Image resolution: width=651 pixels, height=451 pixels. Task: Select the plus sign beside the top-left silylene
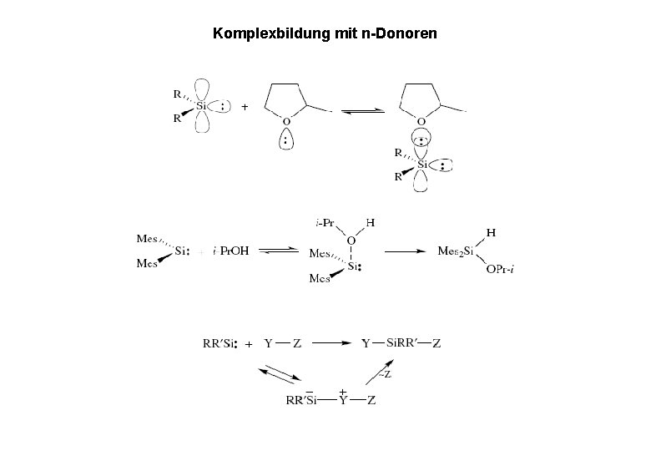point(245,108)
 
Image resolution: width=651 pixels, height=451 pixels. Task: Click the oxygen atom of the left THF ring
point(285,122)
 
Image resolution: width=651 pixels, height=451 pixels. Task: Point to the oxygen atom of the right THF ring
point(422,122)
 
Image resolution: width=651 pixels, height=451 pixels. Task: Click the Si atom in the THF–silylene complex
point(422,165)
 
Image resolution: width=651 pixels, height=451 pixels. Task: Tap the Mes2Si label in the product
point(457,251)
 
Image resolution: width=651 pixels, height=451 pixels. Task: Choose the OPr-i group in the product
point(498,269)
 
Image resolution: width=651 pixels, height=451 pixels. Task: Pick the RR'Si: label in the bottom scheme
point(221,342)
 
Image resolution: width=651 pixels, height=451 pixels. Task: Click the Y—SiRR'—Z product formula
point(401,342)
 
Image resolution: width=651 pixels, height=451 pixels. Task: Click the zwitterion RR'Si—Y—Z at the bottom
point(330,400)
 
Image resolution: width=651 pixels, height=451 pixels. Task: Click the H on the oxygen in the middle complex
point(369,223)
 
